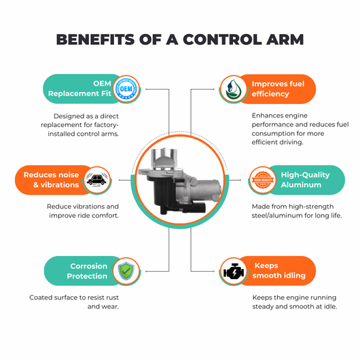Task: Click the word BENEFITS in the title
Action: tap(95, 39)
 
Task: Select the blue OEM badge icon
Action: tap(126, 89)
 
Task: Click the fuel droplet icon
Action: tap(232, 89)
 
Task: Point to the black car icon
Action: tap(97, 180)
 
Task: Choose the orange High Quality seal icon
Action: tap(263, 180)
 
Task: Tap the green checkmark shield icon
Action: tap(126, 271)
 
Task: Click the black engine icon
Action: tap(234, 271)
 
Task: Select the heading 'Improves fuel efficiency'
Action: tap(278, 89)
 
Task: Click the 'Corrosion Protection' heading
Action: tap(87, 271)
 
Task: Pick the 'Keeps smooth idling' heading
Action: tap(279, 270)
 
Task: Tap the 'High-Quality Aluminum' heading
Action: tap(305, 180)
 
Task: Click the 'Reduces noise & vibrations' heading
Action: tap(51, 180)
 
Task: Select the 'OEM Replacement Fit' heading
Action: tap(79, 88)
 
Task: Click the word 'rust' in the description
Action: tap(112, 298)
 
